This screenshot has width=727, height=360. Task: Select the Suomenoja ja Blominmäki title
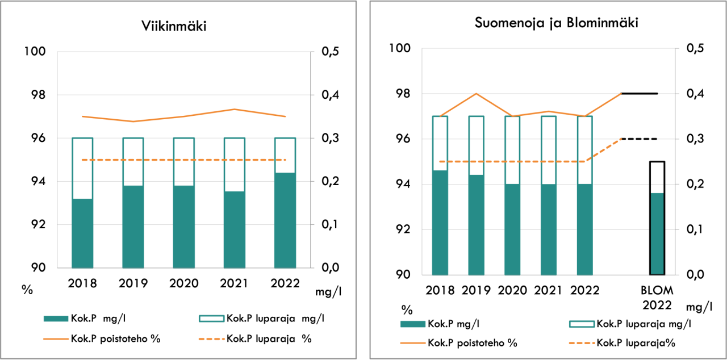[x=549, y=24]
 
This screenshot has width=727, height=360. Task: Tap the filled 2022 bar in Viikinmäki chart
[x=285, y=220]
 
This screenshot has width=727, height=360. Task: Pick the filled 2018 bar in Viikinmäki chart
[x=82, y=233]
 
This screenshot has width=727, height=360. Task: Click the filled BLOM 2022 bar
[x=657, y=234]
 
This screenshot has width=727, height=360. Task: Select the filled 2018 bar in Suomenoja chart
[x=440, y=223]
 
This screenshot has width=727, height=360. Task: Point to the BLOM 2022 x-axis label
[x=657, y=297]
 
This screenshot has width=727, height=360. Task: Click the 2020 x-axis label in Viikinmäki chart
[x=183, y=283]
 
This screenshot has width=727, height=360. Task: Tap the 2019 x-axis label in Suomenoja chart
[x=477, y=290]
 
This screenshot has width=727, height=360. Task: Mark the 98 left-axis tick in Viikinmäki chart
[x=35, y=95]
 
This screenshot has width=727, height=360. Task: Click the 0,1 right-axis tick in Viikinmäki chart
[x=331, y=224]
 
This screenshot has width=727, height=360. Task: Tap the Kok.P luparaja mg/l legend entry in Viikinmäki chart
[x=275, y=318]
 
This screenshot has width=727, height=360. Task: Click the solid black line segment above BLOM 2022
[x=640, y=93]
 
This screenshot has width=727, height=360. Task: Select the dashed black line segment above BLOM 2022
[x=640, y=139]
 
